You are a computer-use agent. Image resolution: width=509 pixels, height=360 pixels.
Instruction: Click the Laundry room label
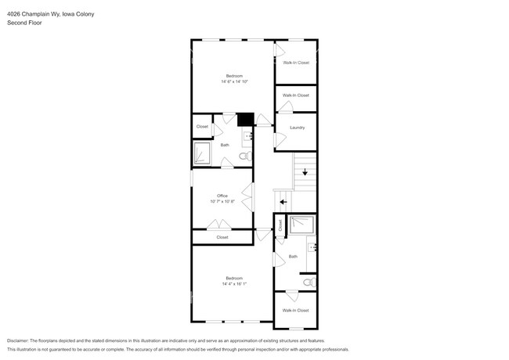297,127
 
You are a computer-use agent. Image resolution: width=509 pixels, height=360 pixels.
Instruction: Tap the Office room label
222,196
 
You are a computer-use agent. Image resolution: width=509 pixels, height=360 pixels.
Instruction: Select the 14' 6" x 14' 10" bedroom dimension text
234,81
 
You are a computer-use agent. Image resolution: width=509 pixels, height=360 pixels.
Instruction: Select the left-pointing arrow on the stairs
283,201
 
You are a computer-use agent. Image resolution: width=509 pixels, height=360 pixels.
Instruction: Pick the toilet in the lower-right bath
308,281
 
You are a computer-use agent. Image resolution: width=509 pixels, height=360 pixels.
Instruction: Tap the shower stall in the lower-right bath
301,225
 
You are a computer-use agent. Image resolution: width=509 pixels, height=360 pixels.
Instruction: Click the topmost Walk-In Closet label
296,63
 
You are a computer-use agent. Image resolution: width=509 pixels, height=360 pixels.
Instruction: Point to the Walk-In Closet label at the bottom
295,310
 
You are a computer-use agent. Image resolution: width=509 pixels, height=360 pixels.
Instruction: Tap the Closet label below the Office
222,236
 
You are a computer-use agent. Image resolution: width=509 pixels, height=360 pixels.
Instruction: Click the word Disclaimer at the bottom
17,341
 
